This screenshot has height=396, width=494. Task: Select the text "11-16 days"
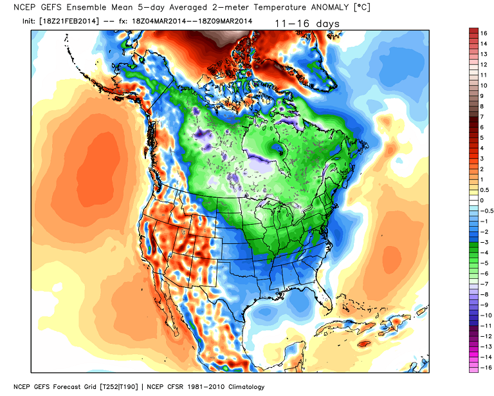[x=307, y=24]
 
